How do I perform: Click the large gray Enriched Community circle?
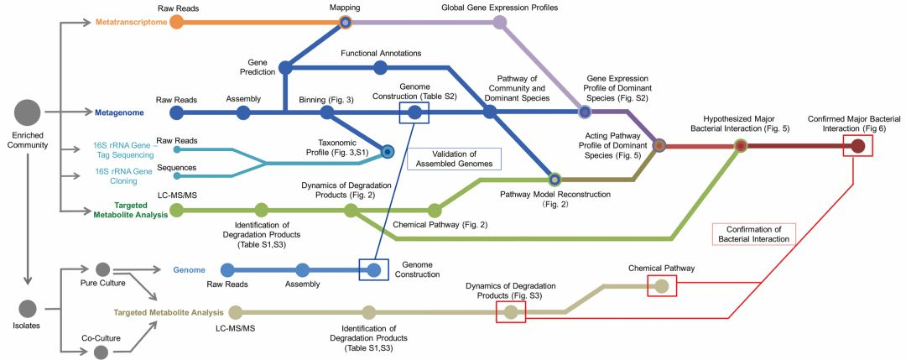(x=28, y=112)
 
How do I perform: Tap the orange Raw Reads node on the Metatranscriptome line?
(x=176, y=22)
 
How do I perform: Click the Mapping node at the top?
(x=345, y=22)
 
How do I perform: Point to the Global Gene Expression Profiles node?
(x=500, y=22)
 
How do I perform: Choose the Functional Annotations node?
(x=381, y=67)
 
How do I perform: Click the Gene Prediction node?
(x=284, y=67)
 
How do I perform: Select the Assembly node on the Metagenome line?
(x=243, y=112)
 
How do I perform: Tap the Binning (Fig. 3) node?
(x=326, y=112)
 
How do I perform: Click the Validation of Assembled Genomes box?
(x=454, y=159)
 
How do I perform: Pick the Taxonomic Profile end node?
(x=388, y=152)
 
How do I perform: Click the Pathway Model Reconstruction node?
(x=554, y=179)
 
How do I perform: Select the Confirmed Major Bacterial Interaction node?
(x=857, y=146)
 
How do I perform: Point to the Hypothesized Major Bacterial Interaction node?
(x=741, y=146)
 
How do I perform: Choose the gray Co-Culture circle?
(x=102, y=352)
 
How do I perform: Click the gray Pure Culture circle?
(x=102, y=269)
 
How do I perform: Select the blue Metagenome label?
(x=119, y=112)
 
